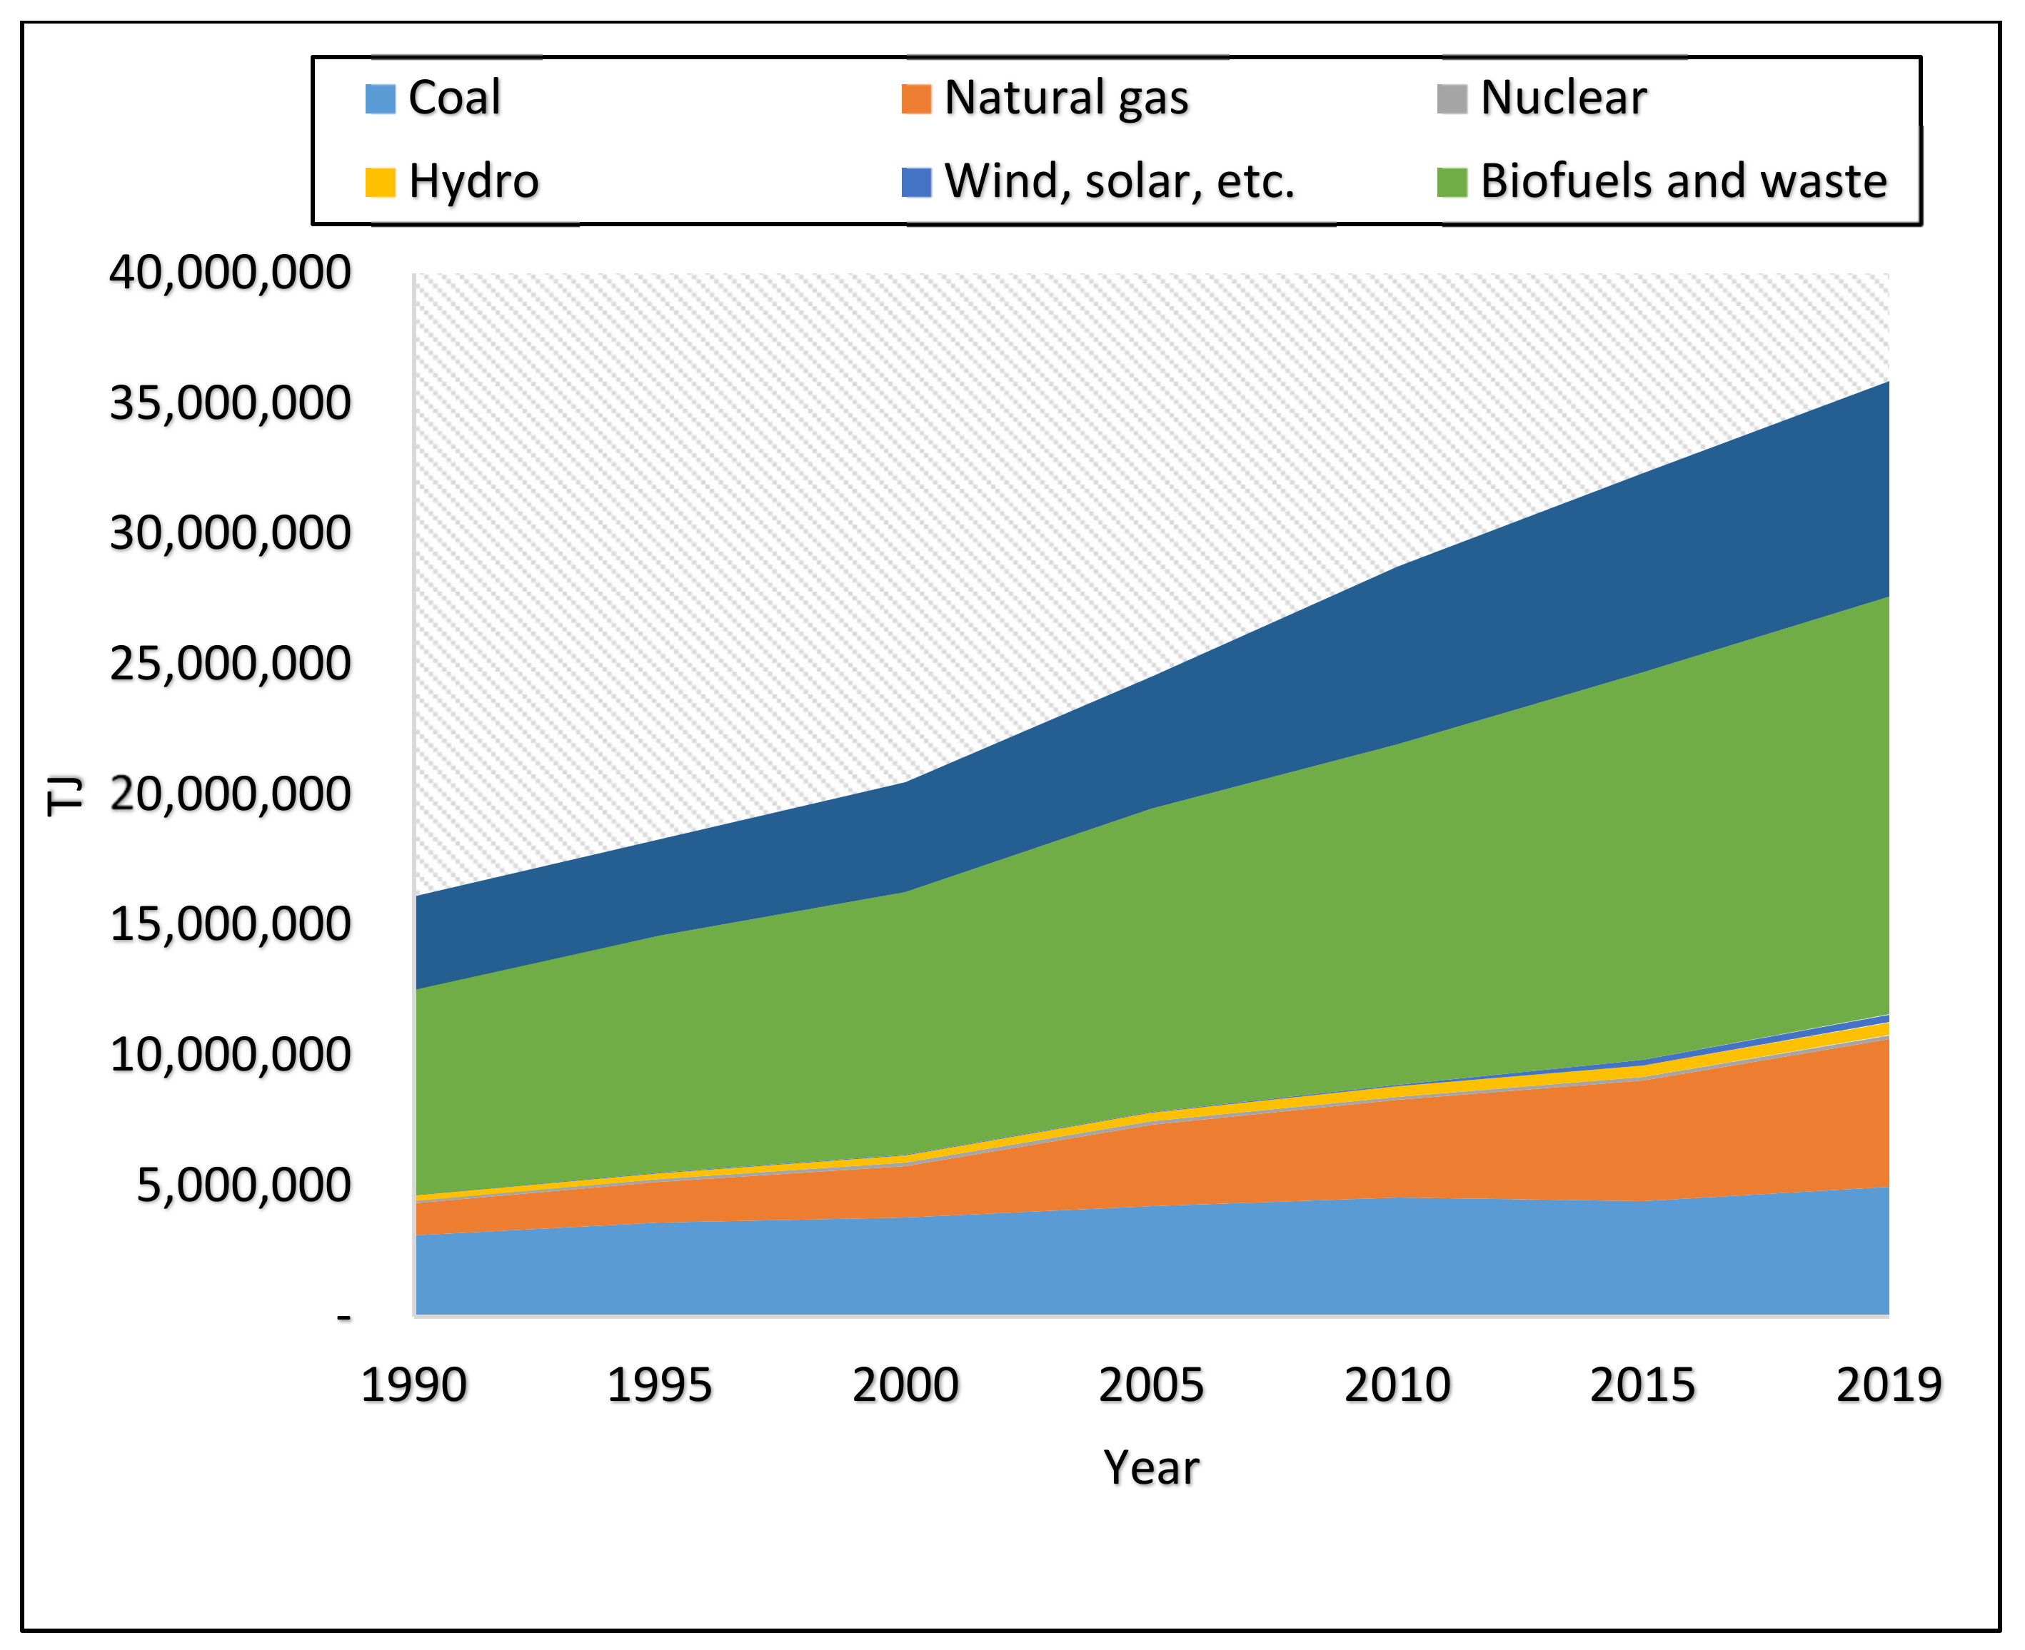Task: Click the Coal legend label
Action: coord(453,98)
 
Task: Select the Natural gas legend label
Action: coord(1066,98)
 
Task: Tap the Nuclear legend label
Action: coord(1563,98)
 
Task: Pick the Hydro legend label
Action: coord(473,181)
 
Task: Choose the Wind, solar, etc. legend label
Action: coord(1119,181)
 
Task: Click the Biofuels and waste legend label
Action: coord(1683,181)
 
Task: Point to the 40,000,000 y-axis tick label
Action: coord(230,274)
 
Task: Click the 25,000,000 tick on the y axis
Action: coord(230,664)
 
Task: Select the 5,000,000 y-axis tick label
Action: coord(243,1186)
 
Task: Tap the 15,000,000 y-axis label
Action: coord(230,925)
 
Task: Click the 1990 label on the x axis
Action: coord(413,1386)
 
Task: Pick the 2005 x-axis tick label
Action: coord(1151,1386)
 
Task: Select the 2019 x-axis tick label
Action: coord(1888,1386)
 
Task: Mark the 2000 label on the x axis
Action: coord(905,1386)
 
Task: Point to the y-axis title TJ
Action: coord(65,796)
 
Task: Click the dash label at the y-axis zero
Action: coord(344,1317)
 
